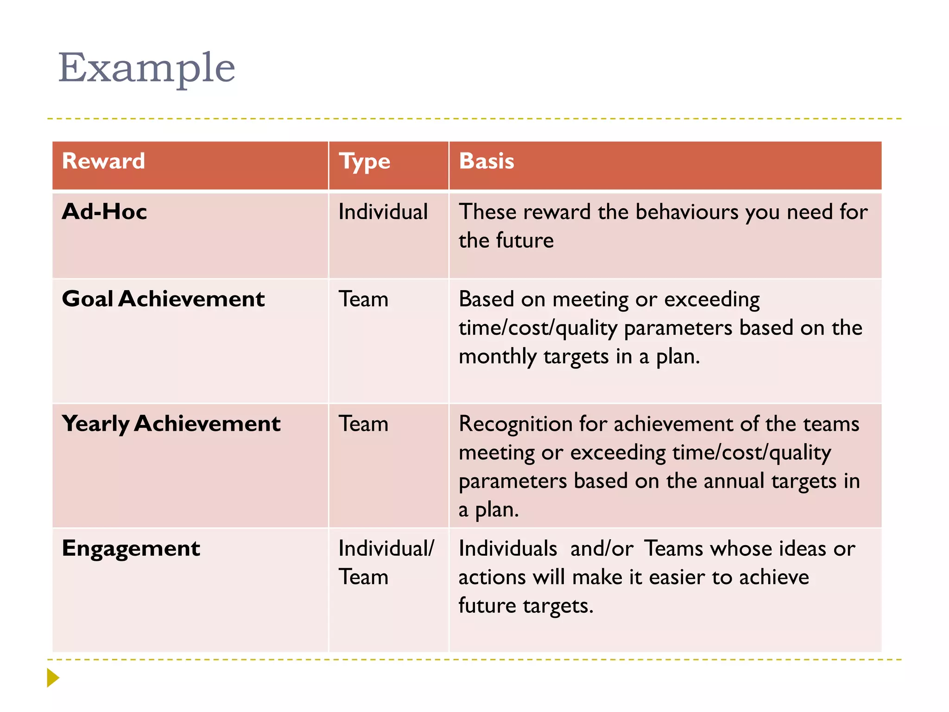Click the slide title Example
click(146, 68)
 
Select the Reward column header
click(103, 161)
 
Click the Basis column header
click(486, 161)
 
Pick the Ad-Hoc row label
click(104, 212)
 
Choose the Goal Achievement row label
click(163, 299)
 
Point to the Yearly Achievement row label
click(171, 424)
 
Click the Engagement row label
click(131, 549)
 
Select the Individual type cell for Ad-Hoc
click(383, 212)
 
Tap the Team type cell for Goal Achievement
click(363, 299)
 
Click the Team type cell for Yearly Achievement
click(363, 424)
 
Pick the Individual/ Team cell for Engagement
click(386, 562)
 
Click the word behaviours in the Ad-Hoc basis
click(687, 212)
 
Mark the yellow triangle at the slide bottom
click(53, 678)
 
